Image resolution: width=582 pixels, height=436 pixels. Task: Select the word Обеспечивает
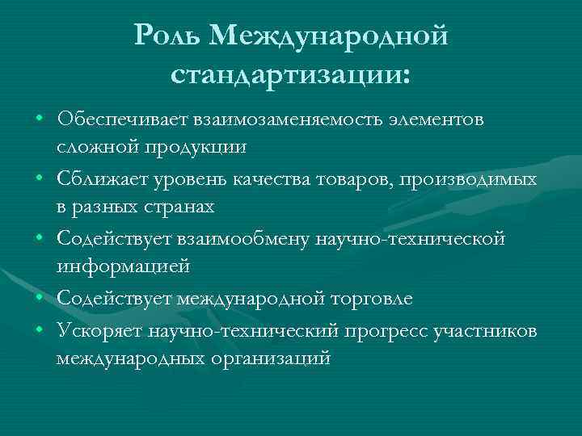(120, 120)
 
